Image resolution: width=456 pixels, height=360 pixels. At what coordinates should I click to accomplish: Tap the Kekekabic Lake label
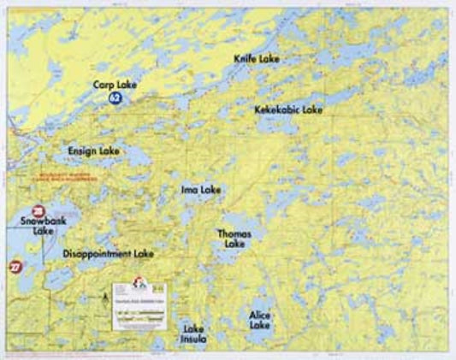(x=288, y=110)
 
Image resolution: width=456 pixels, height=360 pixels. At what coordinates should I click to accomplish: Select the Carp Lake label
(x=115, y=86)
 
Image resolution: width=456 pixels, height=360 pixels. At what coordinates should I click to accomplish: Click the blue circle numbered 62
(x=114, y=99)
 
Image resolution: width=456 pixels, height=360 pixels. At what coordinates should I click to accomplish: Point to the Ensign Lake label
(x=94, y=150)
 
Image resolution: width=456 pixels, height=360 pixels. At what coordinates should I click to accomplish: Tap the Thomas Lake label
(x=234, y=238)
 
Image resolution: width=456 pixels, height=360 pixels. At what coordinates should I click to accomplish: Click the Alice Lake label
(x=259, y=320)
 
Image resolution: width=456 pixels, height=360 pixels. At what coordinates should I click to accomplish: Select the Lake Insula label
(x=193, y=332)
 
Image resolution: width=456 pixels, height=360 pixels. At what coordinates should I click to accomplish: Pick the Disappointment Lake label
(x=108, y=254)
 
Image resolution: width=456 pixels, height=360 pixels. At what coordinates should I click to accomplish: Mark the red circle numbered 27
(x=15, y=267)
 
